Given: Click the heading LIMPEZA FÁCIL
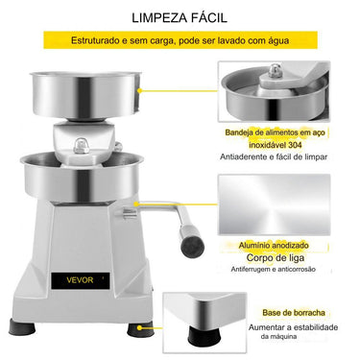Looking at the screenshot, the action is coord(180,17).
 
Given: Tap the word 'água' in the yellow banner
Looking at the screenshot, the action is coord(277,40).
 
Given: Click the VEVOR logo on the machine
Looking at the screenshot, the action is coord(80,280).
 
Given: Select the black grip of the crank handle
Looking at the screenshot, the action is coord(192,241).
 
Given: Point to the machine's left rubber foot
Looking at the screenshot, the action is coord(22,327).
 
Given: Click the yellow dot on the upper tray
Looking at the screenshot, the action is coord(140,90).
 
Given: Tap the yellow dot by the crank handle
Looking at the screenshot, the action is coord(136,204).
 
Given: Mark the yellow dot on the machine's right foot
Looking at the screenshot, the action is coord(139,327).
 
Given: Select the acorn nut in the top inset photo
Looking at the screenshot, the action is coord(275,71).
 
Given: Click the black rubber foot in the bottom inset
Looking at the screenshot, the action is coord(204,336).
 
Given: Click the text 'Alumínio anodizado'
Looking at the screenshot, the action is coord(274,246).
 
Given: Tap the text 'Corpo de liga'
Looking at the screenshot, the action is coord(276,257).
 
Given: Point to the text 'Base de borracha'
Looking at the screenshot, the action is coord(294,313).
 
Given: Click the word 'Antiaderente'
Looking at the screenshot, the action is coord(243,156).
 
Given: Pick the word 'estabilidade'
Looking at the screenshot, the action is coord(316,327).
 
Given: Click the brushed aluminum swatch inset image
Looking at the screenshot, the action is coord(274,204).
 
